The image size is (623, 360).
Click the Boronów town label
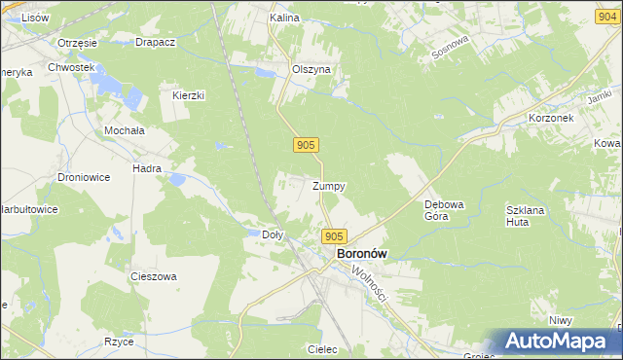pyautogui.click(x=361, y=253)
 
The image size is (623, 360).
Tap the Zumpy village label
pyautogui.click(x=329, y=186)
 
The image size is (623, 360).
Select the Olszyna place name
pyautogui.click(x=312, y=70)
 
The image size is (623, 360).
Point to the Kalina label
pyautogui.click(x=284, y=18)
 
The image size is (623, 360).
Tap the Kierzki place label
pyautogui.click(x=188, y=95)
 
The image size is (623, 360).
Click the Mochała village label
pyautogui.click(x=125, y=129)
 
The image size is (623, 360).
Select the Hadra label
pyautogui.click(x=147, y=167)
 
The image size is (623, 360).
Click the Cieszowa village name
pyautogui.click(x=154, y=276)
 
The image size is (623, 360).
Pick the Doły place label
pyautogui.click(x=274, y=234)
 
